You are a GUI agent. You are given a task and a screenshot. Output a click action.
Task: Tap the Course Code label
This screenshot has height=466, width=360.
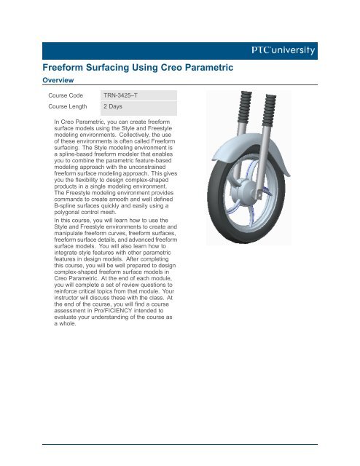[65, 95]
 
